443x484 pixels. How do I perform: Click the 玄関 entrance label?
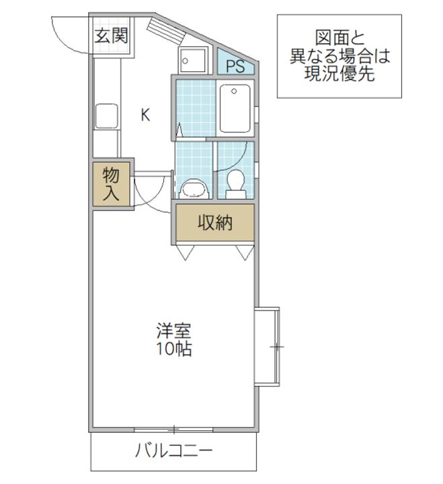tap(111, 36)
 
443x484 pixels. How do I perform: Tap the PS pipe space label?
tap(235, 66)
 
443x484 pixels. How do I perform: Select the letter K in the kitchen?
tap(145, 115)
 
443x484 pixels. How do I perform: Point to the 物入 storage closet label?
tap(111, 184)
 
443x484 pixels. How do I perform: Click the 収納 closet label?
tap(215, 223)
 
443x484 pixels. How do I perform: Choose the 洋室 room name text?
tap(174, 331)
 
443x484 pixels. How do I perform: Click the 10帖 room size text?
tap(174, 349)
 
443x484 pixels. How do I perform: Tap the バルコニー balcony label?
tap(174, 450)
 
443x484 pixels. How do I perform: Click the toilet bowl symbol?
tap(236, 184)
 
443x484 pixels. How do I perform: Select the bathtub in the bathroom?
tap(235, 108)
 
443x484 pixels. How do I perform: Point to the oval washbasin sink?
tap(194, 189)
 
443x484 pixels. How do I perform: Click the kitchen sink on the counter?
tap(106, 116)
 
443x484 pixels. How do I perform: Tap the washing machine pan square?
tap(192, 61)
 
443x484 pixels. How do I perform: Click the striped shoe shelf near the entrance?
tap(166, 32)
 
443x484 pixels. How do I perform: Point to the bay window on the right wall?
tap(267, 346)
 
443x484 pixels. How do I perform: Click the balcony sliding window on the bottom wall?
tap(174, 430)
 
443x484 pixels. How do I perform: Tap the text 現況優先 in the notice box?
tap(339, 73)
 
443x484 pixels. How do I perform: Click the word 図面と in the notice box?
tap(339, 38)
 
